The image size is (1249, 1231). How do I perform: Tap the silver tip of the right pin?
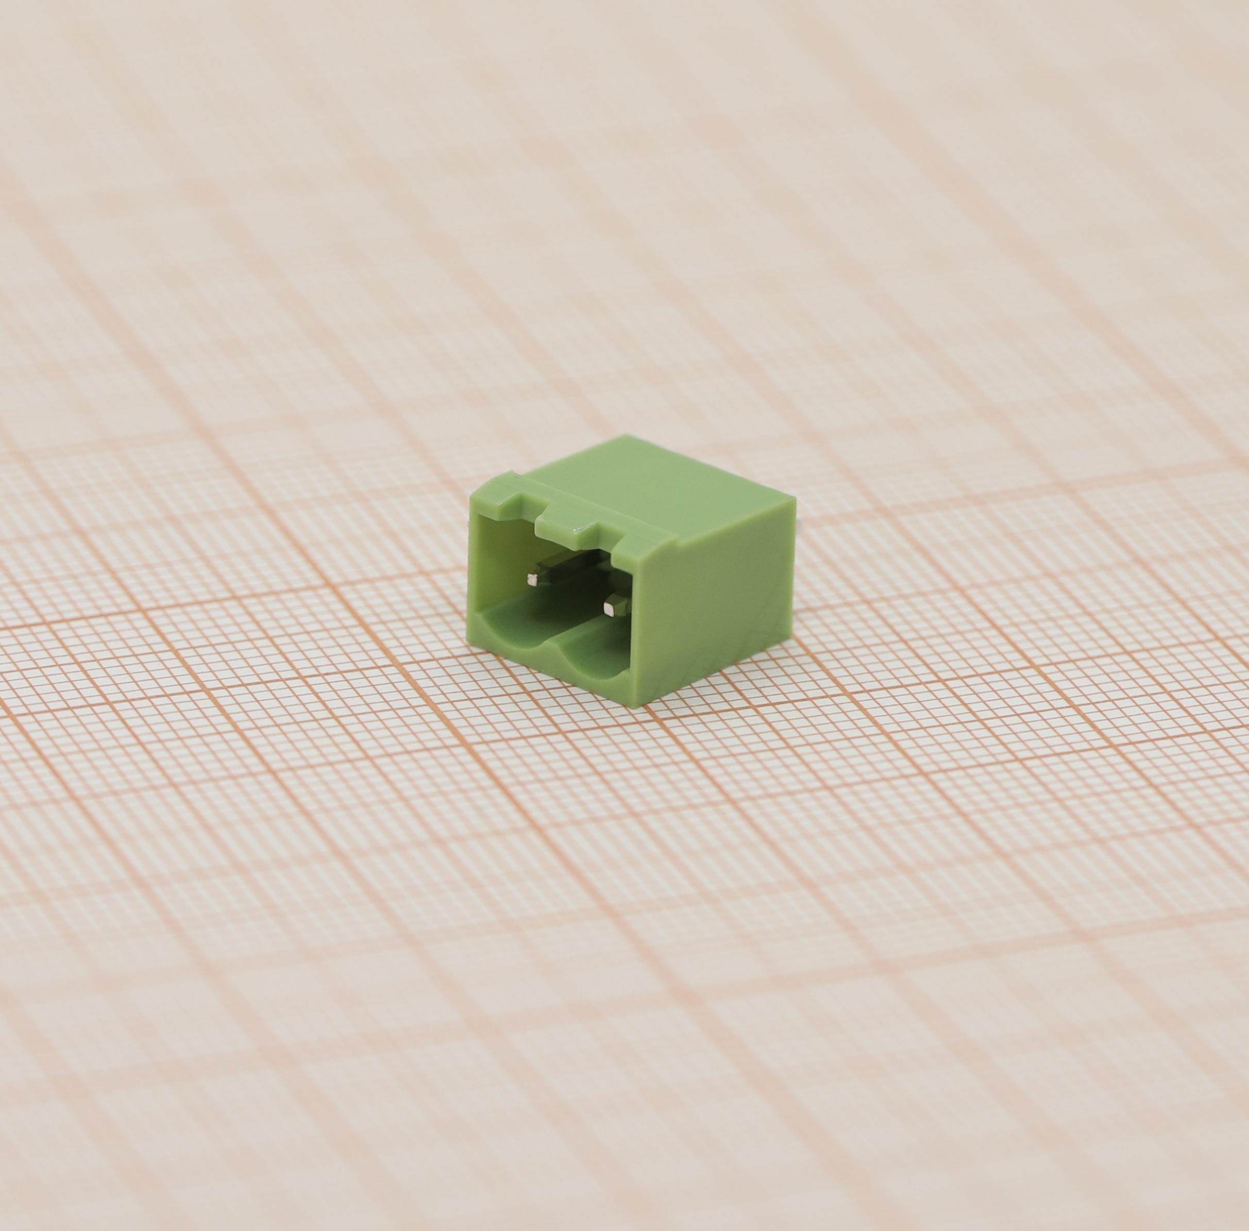tap(609, 607)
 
